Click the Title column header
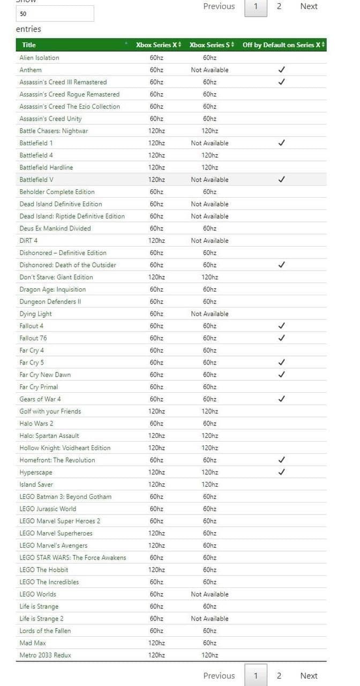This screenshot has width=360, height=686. coord(29,45)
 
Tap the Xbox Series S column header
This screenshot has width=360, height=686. coord(210,45)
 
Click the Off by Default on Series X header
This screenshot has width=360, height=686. coord(282,45)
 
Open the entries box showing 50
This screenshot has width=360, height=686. coord(55,14)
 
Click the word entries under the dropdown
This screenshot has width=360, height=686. coord(28,29)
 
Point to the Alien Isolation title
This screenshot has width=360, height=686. coord(39,58)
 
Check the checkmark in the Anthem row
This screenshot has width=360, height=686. coord(282,70)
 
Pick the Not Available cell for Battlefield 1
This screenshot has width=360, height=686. coord(209,143)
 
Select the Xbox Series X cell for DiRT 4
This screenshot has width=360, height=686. coord(156,241)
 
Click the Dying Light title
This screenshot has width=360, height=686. coord(35,314)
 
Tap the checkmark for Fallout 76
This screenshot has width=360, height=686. coord(282,338)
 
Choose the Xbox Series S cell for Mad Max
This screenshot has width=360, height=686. coord(209,643)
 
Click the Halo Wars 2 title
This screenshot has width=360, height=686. coord(36,423)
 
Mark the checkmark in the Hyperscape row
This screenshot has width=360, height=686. coord(282,472)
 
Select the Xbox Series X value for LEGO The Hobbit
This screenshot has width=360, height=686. coord(156,570)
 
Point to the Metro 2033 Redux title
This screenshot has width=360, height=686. coord(45,655)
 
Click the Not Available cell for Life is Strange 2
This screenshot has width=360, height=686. coord(209,618)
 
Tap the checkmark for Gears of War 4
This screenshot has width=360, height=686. coord(282,399)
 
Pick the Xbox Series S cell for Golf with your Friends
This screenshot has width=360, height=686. coord(209,411)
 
